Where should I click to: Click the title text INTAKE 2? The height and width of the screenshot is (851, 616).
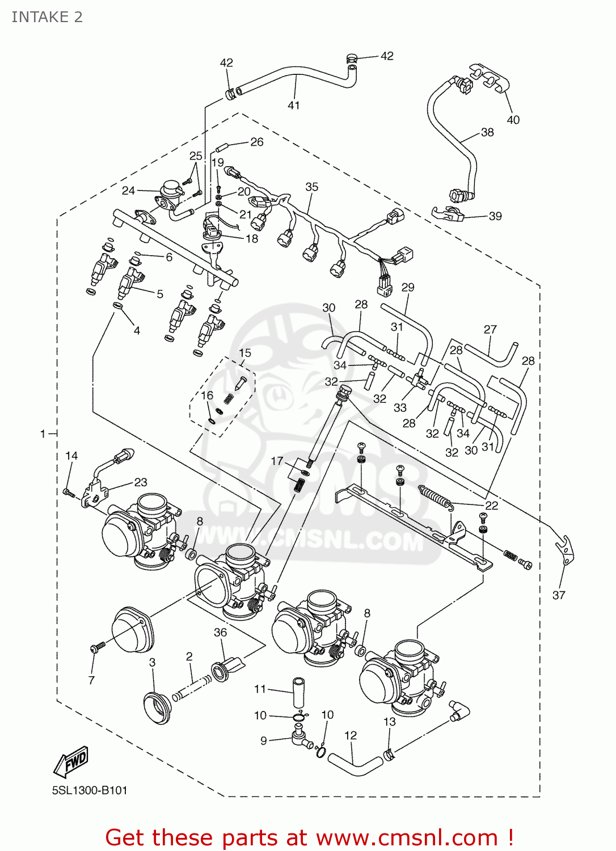point(47,17)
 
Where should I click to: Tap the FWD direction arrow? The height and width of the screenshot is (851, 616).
point(71,761)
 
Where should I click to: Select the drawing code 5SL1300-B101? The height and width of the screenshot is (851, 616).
point(90,790)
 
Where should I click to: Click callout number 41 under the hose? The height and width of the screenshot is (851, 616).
point(293,105)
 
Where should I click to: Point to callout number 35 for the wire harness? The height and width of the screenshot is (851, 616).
point(311,187)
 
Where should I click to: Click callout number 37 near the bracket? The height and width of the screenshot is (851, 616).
point(559,595)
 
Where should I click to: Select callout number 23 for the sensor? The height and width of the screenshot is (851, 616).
point(141,482)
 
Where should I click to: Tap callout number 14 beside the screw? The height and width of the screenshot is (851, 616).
point(71,456)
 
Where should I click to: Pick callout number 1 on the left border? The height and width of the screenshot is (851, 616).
point(43,434)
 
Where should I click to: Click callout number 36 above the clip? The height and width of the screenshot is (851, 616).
point(220,632)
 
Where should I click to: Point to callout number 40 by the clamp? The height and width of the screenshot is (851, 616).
point(513,120)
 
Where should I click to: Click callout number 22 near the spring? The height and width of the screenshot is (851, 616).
point(491,505)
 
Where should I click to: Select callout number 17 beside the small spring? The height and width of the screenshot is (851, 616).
point(276,461)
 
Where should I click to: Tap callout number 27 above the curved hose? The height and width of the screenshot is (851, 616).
point(490,329)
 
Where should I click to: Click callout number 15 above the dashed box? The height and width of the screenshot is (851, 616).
point(244,353)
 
